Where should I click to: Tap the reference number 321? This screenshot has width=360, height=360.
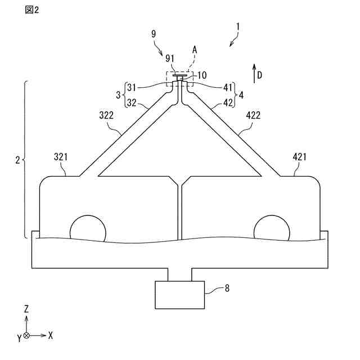pyautogui.click(x=62, y=157)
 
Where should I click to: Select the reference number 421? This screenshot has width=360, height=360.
pyautogui.click(x=300, y=157)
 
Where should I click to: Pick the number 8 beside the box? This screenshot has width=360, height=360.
pyautogui.click(x=227, y=288)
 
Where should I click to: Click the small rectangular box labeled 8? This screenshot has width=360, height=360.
pyautogui.click(x=179, y=294)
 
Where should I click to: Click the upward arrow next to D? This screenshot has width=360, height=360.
pyautogui.click(x=254, y=74)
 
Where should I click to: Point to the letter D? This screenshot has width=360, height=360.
pyautogui.click(x=259, y=75)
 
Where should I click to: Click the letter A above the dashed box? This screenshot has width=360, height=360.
pyautogui.click(x=195, y=49)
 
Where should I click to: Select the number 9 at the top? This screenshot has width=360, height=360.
pyautogui.click(x=154, y=34)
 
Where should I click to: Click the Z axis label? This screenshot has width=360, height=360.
pyautogui.click(x=26, y=309)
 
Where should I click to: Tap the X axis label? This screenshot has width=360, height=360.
pyautogui.click(x=51, y=335)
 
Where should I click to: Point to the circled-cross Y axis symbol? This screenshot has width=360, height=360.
pyautogui.click(x=26, y=335)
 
